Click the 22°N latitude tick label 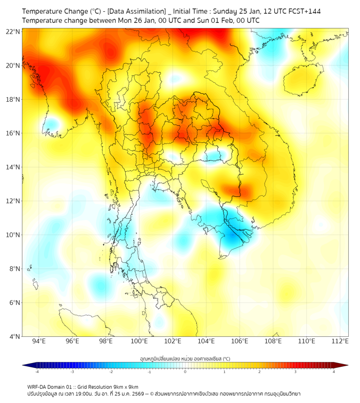(13, 31)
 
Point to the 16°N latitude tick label (13, 133)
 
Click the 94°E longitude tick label (39, 341)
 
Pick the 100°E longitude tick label (139, 341)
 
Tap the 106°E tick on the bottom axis (240, 341)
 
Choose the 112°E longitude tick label (340, 341)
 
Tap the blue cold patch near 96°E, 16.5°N (52, 125)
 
